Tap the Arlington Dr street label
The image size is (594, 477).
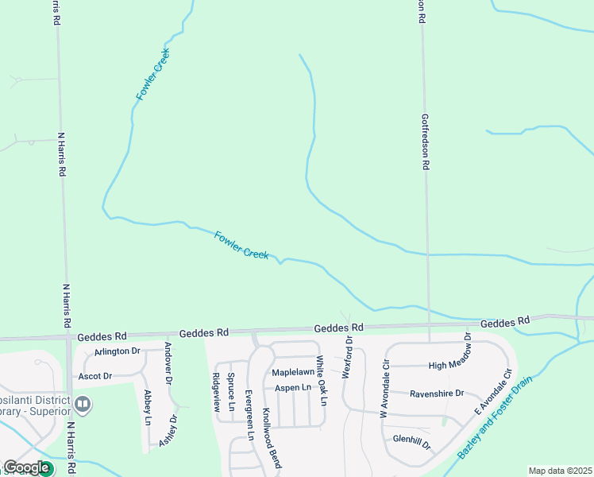[117, 351]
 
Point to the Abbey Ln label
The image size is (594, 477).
[148, 405]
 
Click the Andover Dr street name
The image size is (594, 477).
[168, 362]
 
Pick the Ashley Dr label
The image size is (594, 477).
[168, 430]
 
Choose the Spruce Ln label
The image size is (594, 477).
[231, 392]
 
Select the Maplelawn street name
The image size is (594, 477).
[293, 371]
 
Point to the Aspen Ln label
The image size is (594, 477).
[293, 387]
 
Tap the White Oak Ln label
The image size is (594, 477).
[321, 380]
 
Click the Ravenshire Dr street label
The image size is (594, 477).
[436, 393]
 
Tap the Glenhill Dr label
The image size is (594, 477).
[411, 440]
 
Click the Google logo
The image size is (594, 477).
[26, 467]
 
